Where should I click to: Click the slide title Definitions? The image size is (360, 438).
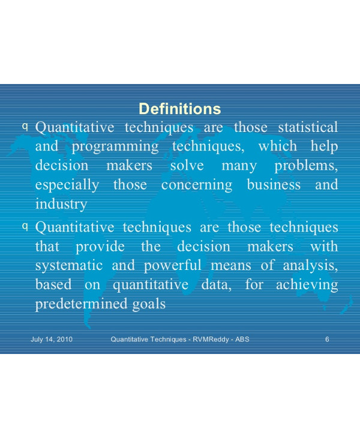pos(179,109)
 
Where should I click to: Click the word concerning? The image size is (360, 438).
pos(197,185)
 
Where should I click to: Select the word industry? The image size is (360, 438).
pos(61,204)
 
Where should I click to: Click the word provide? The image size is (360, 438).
pos(97,247)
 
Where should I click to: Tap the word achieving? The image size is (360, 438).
pos(307,285)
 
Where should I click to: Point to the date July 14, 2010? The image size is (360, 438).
pos(52,340)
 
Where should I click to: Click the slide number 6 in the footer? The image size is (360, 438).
pos(327,340)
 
